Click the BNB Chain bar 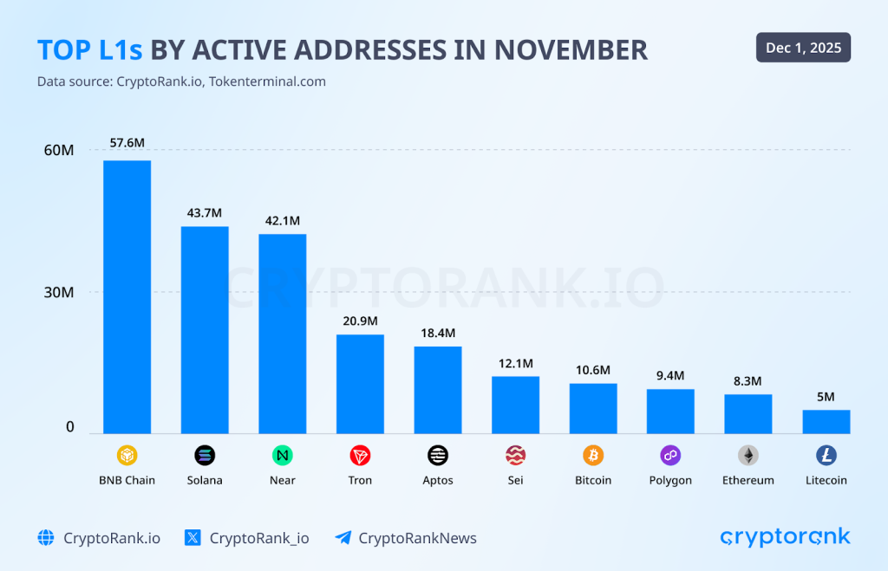point(127,296)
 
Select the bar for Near point(283,334)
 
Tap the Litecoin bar point(826,422)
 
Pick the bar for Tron point(360,384)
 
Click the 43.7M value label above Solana point(205,212)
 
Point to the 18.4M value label point(438,333)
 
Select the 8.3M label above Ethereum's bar point(748,380)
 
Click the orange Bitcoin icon point(593,455)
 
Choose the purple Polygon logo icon point(670,455)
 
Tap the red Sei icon point(515,455)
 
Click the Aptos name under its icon point(438,480)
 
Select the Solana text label point(205,480)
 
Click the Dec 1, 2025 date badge point(803,48)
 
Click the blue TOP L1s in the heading point(90,49)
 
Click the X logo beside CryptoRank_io point(193,538)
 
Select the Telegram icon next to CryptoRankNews point(343,538)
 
